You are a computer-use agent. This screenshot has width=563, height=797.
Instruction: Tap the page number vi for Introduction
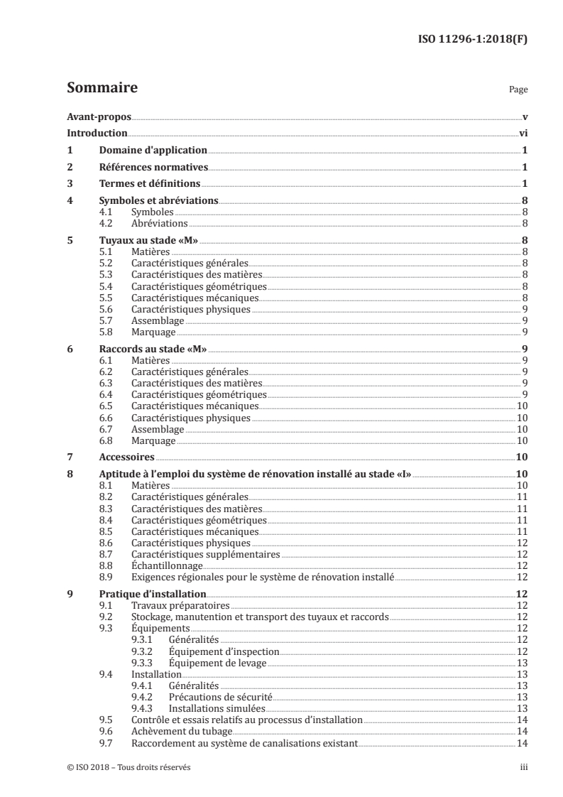click(x=522, y=133)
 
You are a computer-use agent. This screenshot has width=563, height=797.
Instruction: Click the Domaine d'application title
click(x=153, y=150)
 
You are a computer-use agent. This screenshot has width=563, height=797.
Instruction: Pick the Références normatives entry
click(x=153, y=167)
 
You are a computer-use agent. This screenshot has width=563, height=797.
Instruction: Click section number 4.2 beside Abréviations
click(x=106, y=223)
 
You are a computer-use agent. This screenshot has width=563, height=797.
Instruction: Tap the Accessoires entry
click(x=126, y=457)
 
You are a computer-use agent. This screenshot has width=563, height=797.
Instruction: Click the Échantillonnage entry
click(x=167, y=565)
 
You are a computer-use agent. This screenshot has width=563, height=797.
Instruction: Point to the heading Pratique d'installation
click(x=153, y=593)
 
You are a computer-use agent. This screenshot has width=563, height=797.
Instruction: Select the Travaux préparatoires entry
click(x=180, y=605)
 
